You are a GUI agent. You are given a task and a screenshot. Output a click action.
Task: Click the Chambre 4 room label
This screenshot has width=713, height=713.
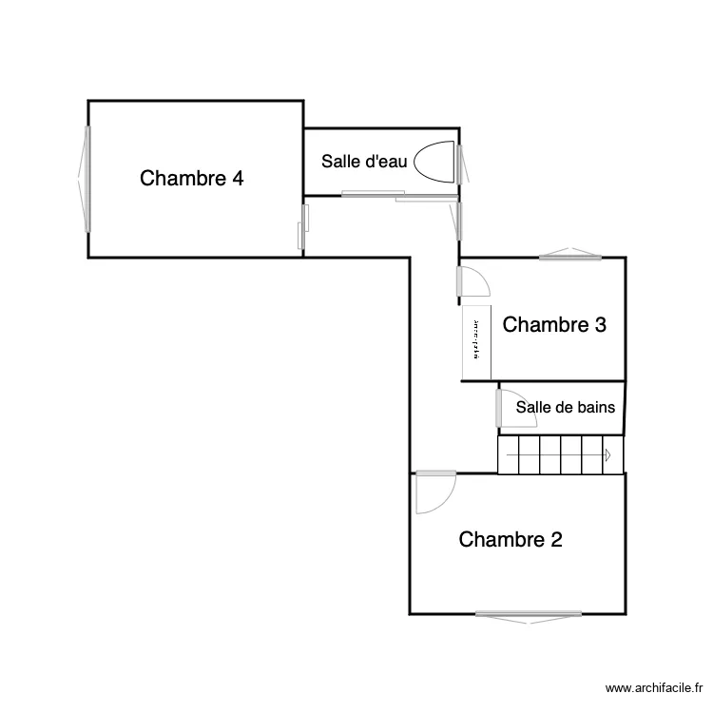[x=191, y=178]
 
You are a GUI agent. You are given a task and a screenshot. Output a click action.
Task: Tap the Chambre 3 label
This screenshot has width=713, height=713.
[x=554, y=324]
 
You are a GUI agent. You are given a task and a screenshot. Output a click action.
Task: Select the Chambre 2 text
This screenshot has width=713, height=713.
[x=511, y=539]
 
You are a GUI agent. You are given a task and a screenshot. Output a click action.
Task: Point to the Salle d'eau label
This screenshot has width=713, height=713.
[x=364, y=162]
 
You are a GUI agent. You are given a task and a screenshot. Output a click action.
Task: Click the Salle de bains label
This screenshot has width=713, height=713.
[x=565, y=407]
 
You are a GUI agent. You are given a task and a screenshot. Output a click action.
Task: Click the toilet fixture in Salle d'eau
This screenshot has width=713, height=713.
[x=436, y=162]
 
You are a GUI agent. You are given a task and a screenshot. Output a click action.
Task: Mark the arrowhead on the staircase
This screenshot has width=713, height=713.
[x=605, y=454]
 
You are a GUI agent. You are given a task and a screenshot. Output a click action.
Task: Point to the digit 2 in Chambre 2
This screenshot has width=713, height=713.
[x=555, y=539]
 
